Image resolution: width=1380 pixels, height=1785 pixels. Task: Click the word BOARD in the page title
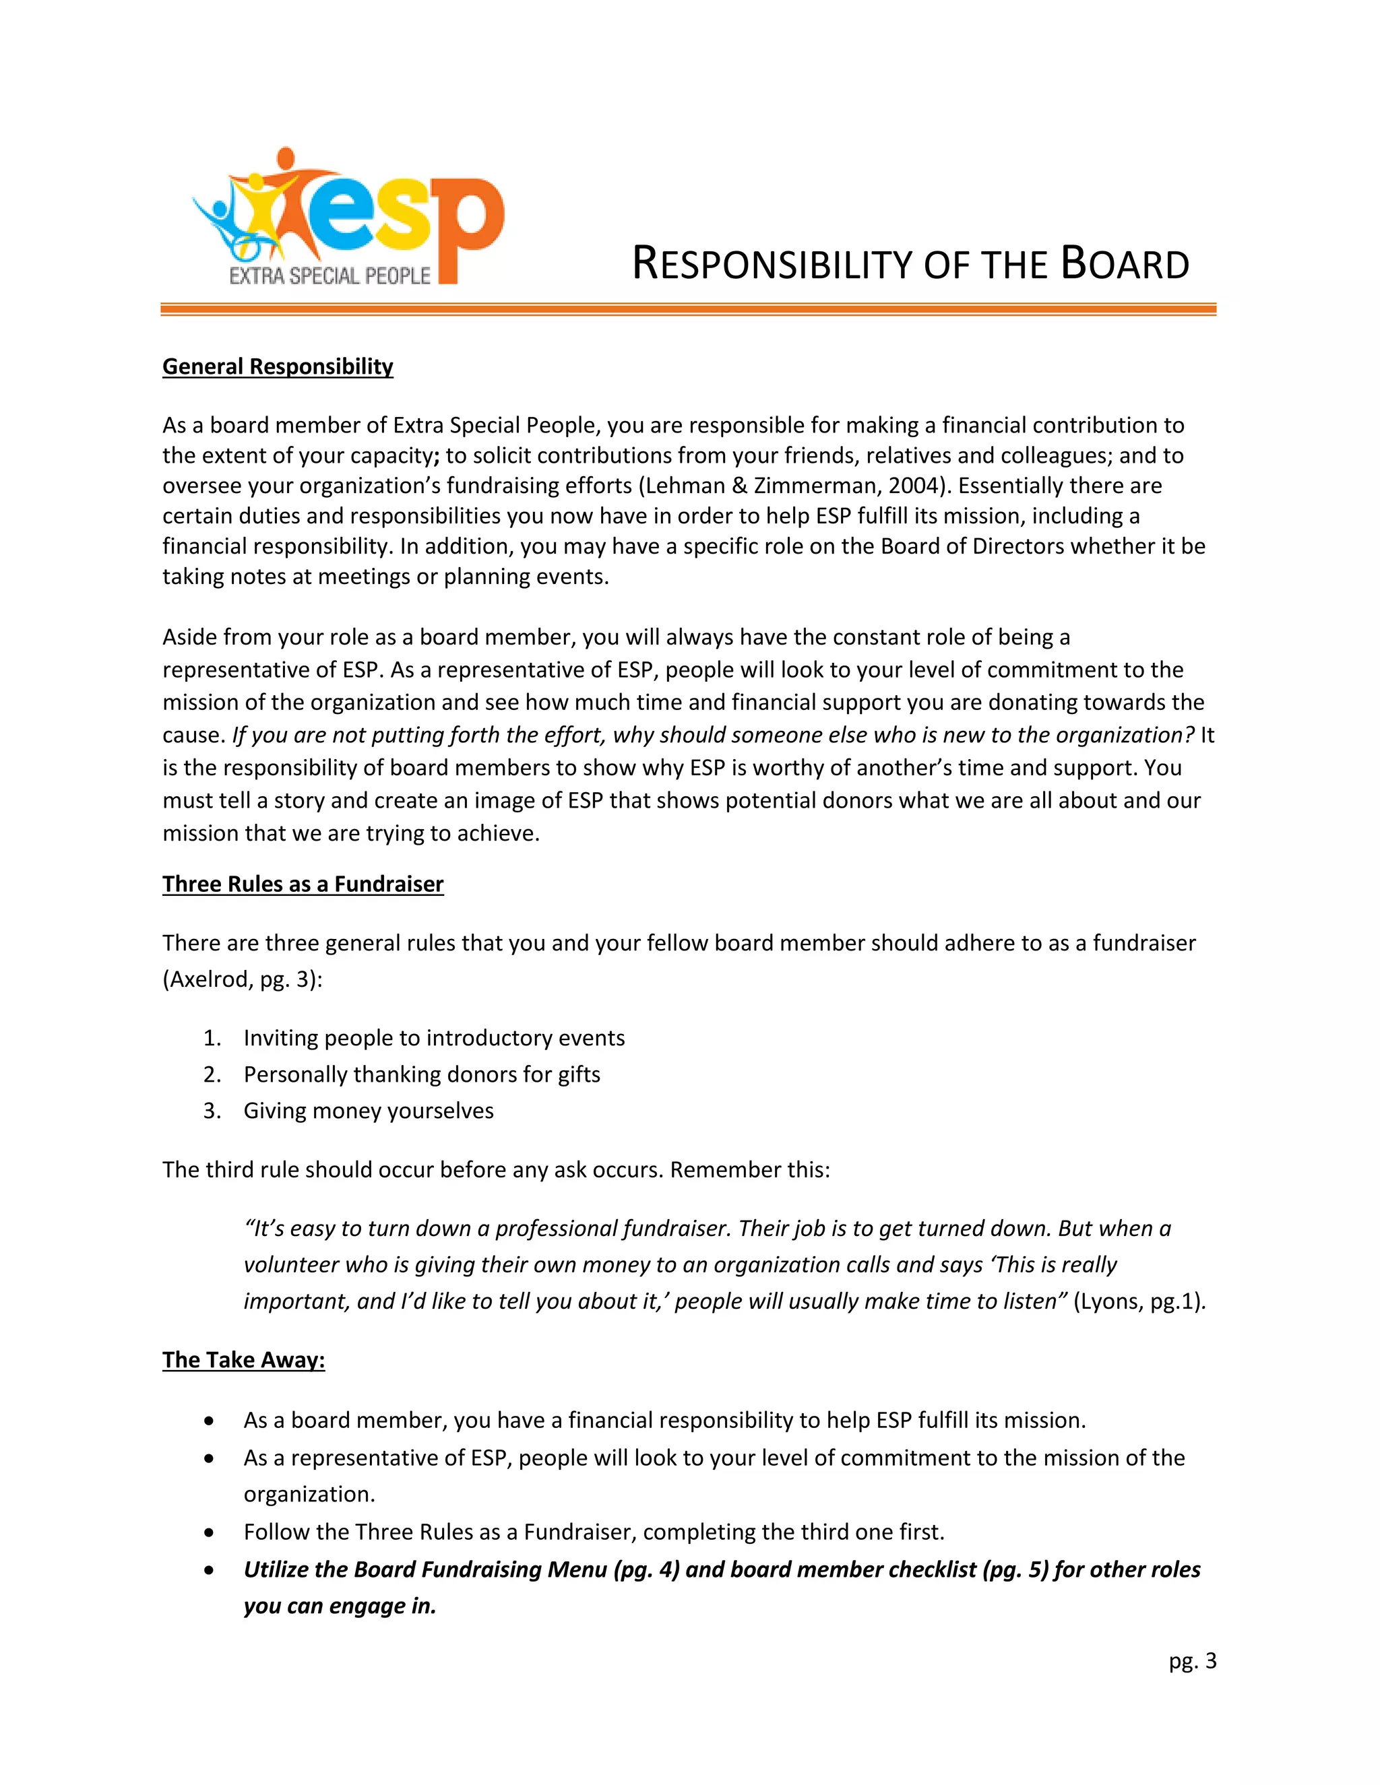(1124, 264)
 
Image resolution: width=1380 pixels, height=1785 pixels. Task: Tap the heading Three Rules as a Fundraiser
(303, 884)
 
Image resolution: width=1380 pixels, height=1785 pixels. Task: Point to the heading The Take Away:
(244, 1359)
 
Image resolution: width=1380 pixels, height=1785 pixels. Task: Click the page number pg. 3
(1192, 1660)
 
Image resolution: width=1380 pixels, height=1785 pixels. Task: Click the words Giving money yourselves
(368, 1111)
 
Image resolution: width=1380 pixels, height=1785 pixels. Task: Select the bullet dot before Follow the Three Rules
(210, 1532)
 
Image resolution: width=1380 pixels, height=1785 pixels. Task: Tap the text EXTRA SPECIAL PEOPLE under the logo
(330, 276)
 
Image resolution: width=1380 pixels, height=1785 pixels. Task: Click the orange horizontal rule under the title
(687, 309)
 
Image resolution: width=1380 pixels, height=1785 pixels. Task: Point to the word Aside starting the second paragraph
(189, 637)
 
